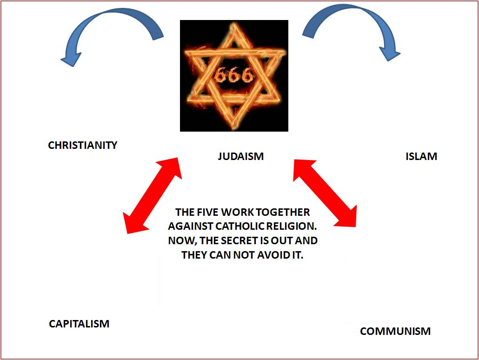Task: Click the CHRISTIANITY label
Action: pos(82,145)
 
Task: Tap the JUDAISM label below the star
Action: pos(241,156)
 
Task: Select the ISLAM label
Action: pos(421,156)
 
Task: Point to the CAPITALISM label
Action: pos(79,324)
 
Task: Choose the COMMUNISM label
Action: pos(395,331)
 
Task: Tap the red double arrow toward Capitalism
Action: pos(153,196)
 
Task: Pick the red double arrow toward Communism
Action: pos(325,193)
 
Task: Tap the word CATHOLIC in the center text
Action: pos(240,226)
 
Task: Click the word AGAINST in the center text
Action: pos(191,226)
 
